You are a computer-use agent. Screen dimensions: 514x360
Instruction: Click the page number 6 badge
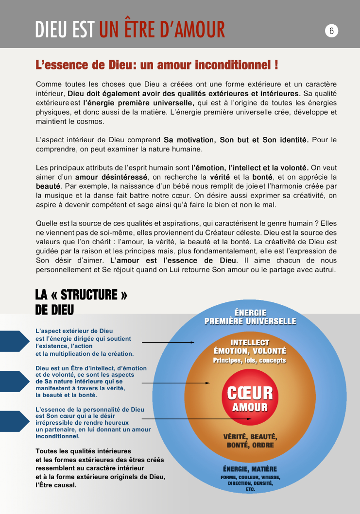point(331,31)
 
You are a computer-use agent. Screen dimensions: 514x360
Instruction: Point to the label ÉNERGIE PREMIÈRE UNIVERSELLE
point(250,317)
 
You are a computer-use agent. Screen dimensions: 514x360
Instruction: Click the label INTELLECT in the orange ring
point(250,343)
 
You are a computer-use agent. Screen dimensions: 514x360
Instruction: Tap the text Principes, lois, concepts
point(250,360)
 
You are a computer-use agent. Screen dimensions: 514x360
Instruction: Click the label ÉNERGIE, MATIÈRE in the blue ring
point(250,469)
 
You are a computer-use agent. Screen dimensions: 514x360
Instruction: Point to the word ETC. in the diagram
point(250,489)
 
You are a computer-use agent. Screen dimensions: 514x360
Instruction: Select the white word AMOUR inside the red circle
point(250,407)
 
